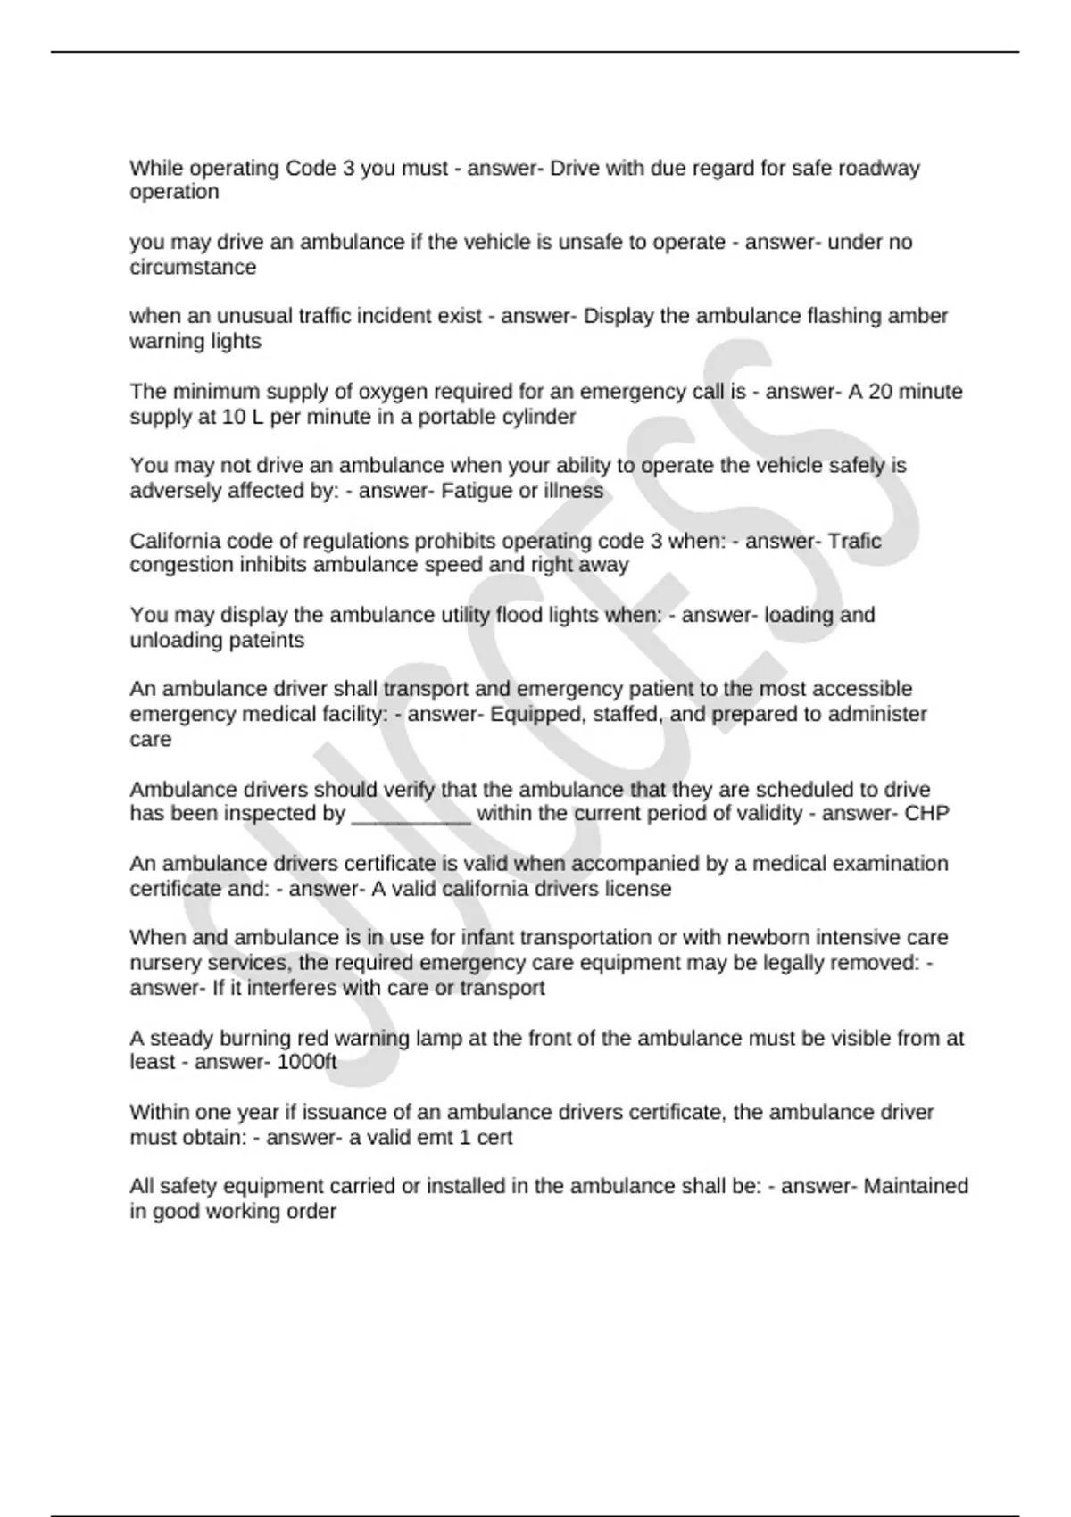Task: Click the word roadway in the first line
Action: coord(877,168)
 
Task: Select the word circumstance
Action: coord(193,267)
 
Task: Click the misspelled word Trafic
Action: coord(854,541)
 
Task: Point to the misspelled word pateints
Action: coord(266,640)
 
